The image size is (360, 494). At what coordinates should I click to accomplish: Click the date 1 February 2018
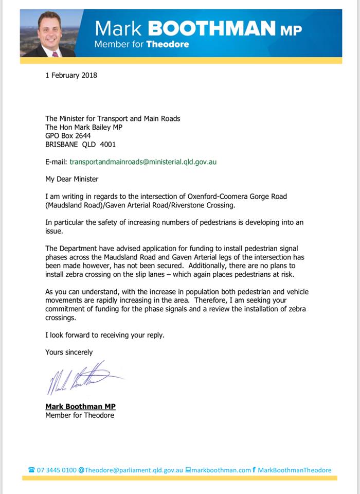[71, 75]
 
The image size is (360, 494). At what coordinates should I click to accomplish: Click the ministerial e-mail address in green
[143, 162]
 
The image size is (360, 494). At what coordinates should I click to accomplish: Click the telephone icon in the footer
[31, 470]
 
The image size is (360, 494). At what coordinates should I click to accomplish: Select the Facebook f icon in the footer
[254, 469]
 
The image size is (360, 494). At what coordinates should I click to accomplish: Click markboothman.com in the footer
[221, 470]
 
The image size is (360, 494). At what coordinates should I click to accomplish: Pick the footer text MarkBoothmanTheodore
[294, 470]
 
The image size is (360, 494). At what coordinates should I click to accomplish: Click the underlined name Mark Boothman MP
[80, 407]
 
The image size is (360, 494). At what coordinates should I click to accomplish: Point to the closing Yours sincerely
[69, 352]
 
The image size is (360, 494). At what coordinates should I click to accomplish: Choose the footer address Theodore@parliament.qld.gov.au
[133, 470]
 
